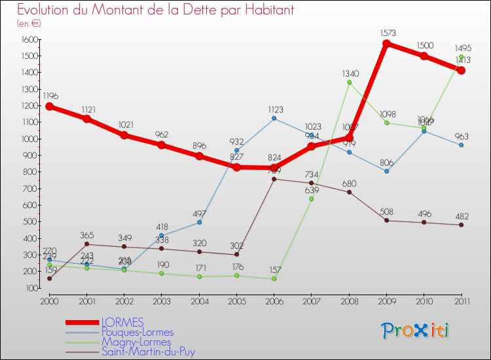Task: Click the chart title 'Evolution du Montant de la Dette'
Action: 156,10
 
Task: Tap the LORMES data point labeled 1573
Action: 386,44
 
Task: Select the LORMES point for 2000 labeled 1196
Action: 49,106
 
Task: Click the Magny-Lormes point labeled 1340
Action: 349,82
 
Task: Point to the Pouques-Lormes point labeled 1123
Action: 274,118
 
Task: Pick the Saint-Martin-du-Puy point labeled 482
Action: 461,225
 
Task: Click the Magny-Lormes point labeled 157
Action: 274,279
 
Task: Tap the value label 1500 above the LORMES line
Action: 424,45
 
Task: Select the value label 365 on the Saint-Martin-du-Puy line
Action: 86,234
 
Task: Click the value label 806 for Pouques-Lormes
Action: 386,161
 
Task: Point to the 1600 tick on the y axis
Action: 29,40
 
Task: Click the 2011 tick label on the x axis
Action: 461,300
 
